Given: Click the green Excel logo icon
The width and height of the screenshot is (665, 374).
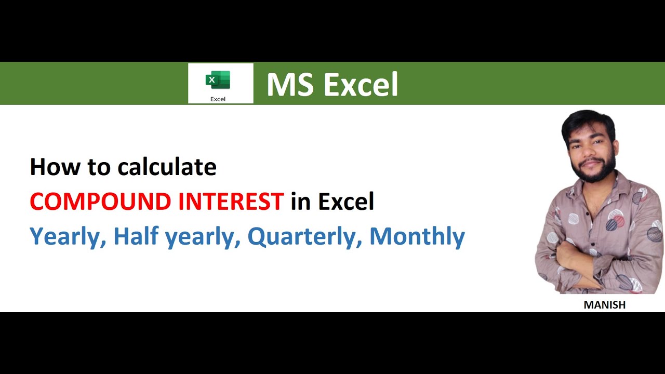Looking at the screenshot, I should click(218, 81).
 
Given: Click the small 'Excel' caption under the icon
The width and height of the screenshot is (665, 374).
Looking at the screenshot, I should click(218, 99).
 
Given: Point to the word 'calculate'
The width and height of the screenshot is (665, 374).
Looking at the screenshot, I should click(167, 167).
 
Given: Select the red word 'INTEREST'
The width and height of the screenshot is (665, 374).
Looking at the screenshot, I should click(231, 202).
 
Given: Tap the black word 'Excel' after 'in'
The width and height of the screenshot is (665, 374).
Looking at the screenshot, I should click(346, 202).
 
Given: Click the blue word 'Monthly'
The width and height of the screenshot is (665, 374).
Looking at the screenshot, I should click(417, 236).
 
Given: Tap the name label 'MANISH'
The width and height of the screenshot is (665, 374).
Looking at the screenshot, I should click(604, 305).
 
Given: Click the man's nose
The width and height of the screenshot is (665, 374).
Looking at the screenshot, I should click(592, 151).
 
